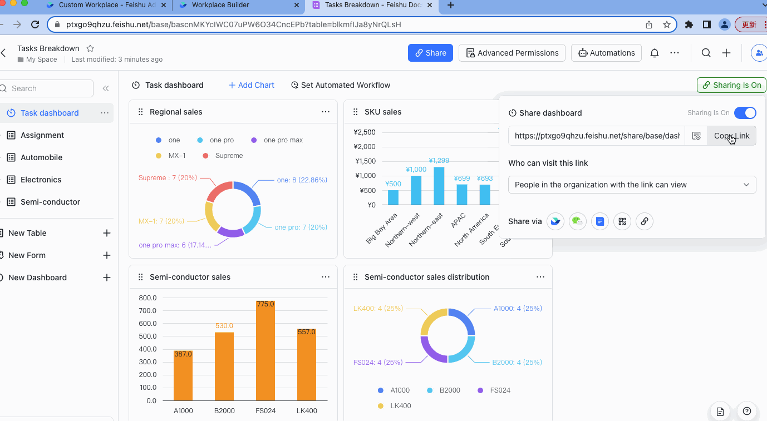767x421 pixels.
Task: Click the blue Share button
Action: pos(430,53)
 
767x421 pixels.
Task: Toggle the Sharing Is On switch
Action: pos(745,113)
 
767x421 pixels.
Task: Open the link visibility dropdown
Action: pos(632,185)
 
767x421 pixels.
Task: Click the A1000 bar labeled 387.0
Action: pos(183,375)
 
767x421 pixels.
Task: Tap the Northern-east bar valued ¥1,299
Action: pos(439,186)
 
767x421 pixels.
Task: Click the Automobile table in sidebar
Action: pos(41,157)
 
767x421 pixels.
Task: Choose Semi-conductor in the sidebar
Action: pos(50,202)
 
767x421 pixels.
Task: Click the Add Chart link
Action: pos(251,85)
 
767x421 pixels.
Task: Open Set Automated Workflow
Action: pos(340,85)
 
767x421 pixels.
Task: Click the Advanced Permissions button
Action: pos(512,53)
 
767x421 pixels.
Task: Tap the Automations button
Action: pos(606,53)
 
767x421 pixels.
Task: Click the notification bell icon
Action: pos(655,53)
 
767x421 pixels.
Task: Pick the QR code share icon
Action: pos(622,221)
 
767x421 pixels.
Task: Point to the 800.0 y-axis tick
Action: pos(147,298)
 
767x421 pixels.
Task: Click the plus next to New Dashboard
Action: pos(107,278)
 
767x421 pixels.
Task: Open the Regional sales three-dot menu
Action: pos(326,112)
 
